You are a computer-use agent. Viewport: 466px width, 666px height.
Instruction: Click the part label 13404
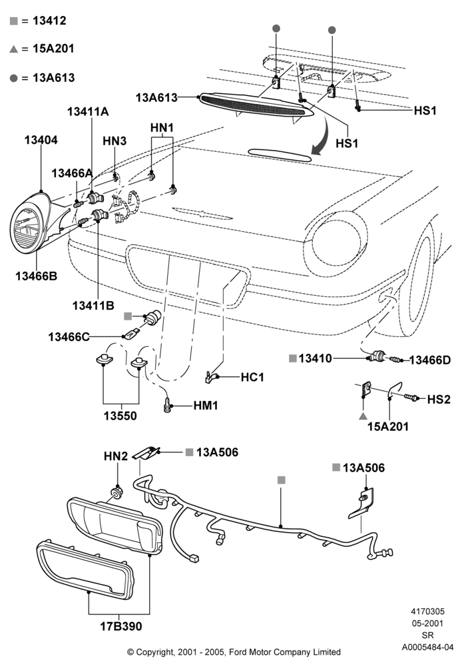point(41,140)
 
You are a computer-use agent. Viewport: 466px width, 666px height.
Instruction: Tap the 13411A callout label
point(88,112)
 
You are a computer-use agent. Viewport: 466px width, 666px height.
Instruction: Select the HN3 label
point(115,141)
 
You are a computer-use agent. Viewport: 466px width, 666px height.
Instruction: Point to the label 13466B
point(37,276)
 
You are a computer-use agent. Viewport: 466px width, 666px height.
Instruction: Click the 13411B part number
point(93,306)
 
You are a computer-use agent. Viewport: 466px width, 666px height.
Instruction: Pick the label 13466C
point(69,337)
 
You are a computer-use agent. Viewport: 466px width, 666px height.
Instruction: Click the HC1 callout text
point(252,377)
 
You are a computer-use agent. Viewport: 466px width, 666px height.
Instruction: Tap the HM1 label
point(206,406)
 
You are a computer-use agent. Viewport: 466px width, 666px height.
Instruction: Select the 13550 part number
point(120,416)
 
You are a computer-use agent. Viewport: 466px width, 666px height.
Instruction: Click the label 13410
point(315,358)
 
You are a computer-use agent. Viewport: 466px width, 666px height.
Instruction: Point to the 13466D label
point(430,360)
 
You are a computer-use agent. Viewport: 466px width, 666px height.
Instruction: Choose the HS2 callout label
point(439,400)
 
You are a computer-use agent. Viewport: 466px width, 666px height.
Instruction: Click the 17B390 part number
point(121,626)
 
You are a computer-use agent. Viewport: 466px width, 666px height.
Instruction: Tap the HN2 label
point(115,456)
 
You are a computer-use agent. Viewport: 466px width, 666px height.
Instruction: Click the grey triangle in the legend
point(13,49)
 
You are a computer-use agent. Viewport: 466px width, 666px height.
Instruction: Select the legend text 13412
point(49,21)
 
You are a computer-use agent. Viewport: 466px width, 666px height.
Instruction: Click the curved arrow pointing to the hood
point(322,135)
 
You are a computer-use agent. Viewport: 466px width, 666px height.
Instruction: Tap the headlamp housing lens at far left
point(27,229)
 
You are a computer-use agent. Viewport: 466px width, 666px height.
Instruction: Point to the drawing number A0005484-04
point(428,647)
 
